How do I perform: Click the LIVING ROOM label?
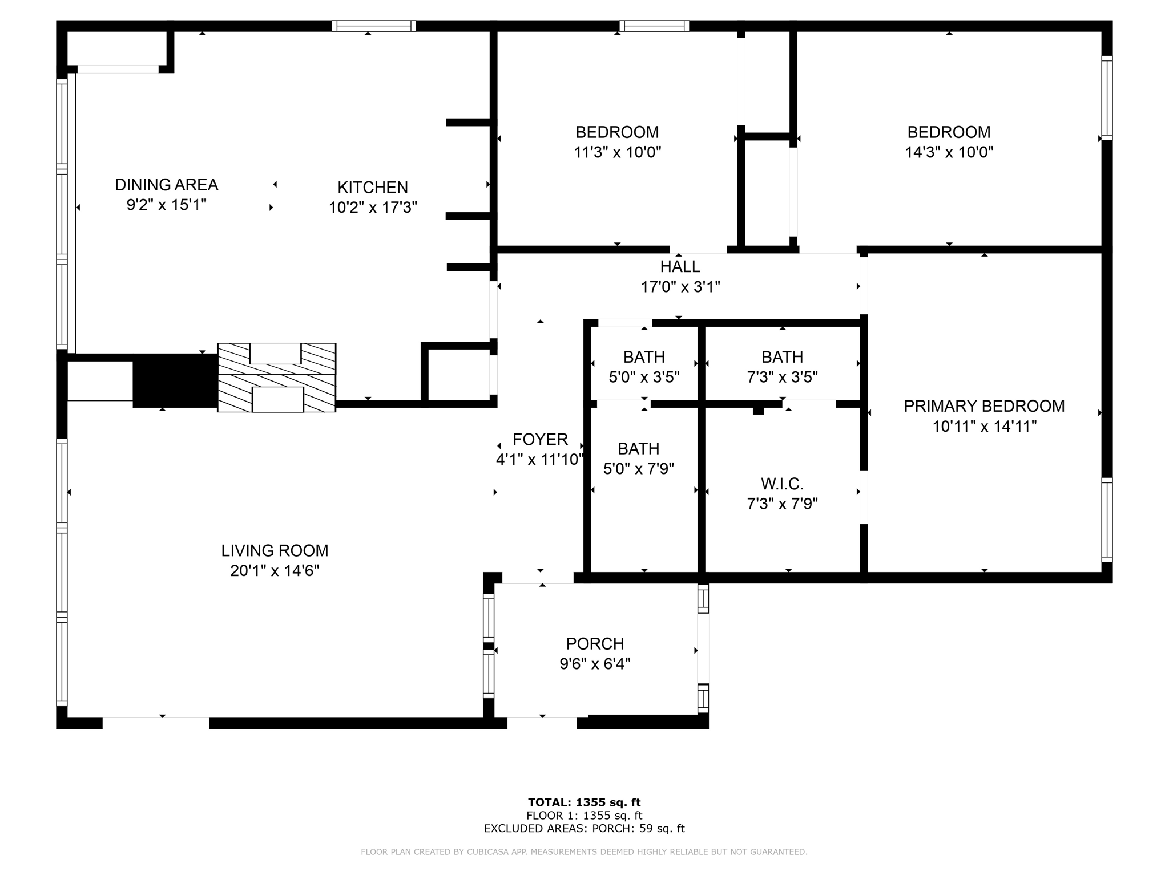pyautogui.click(x=275, y=550)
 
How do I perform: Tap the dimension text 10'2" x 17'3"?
pyautogui.click(x=373, y=208)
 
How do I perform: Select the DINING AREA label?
pyautogui.click(x=166, y=185)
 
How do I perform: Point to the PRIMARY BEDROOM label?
pyautogui.click(x=984, y=406)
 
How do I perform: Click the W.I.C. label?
pyautogui.click(x=782, y=484)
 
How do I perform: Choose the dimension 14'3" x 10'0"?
pyautogui.click(x=949, y=152)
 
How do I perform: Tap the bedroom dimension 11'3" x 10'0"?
pyautogui.click(x=617, y=152)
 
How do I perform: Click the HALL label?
pyautogui.click(x=680, y=266)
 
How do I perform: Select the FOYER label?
pyautogui.click(x=540, y=439)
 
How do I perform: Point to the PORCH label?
pyautogui.click(x=595, y=643)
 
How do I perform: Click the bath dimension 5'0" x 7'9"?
pyautogui.click(x=638, y=469)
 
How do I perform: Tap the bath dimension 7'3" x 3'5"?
pyautogui.click(x=782, y=377)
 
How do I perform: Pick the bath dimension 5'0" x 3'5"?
pyautogui.click(x=644, y=377)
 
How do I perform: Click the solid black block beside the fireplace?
pyautogui.click(x=175, y=380)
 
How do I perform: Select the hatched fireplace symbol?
pyautogui.click(x=277, y=378)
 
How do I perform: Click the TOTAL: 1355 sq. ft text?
pyautogui.click(x=584, y=802)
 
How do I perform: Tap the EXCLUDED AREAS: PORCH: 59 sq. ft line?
pyautogui.click(x=584, y=829)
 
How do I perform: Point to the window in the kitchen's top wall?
pyautogui.click(x=374, y=26)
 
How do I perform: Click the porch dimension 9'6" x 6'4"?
pyautogui.click(x=595, y=664)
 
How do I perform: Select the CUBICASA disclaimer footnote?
pyautogui.click(x=584, y=852)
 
